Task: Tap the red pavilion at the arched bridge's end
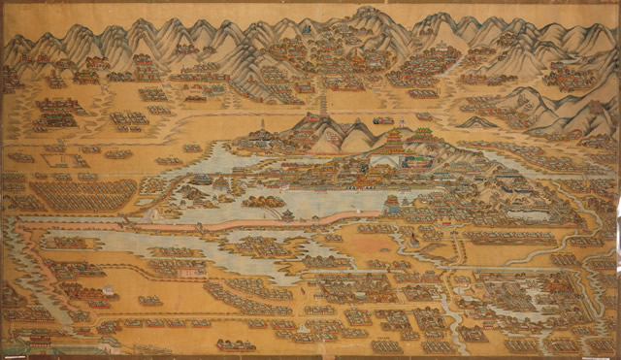click(x=288, y=212)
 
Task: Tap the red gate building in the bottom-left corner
click(x=39, y=341)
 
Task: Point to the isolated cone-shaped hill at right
click(x=477, y=122)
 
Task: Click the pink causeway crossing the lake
click(x=194, y=224)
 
